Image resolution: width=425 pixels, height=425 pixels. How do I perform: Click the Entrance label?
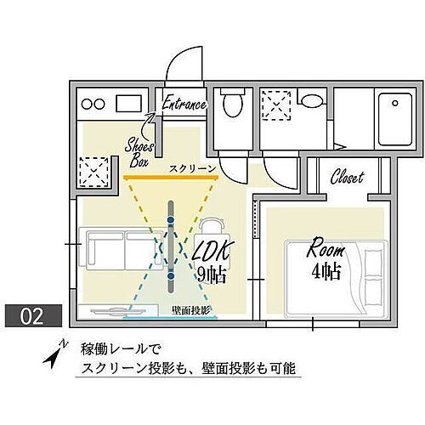[184, 105]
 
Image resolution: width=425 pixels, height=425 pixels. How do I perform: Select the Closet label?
[346, 178]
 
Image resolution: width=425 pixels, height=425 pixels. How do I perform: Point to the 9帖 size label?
[210, 275]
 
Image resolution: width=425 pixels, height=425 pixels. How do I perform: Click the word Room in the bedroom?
[326, 251]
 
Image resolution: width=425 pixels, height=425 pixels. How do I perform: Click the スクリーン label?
[191, 169]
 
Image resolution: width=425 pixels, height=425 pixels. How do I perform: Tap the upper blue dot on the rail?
[171, 219]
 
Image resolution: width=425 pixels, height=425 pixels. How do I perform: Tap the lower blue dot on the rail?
[171, 275]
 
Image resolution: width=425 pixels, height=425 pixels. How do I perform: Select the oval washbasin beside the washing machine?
[311, 101]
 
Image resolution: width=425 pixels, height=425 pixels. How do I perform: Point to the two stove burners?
[93, 105]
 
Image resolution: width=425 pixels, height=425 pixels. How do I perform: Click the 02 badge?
[31, 316]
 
